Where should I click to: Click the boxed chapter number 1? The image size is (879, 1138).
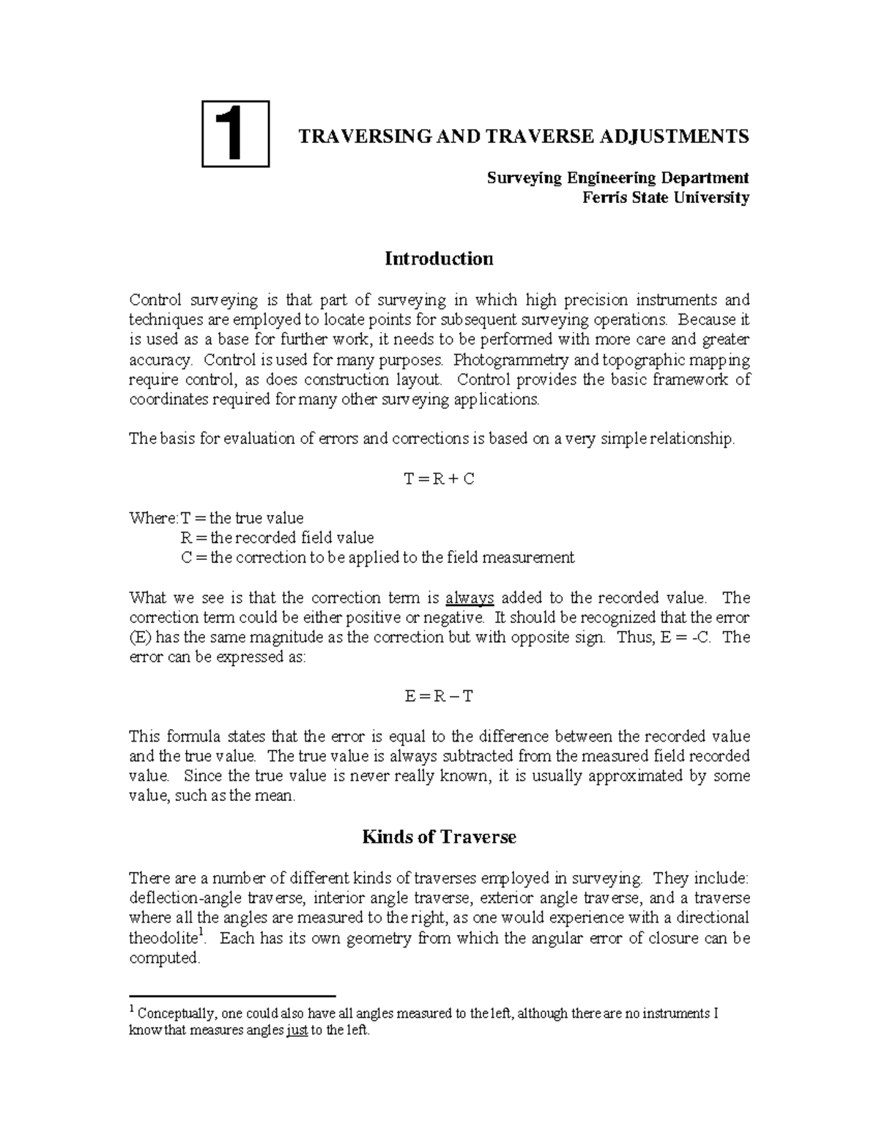click(x=235, y=134)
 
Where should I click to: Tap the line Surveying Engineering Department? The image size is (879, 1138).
click(x=618, y=178)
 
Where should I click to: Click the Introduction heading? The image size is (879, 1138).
click(x=439, y=259)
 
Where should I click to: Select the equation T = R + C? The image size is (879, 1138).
click(x=439, y=479)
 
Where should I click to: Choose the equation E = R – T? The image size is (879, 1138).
click(x=439, y=695)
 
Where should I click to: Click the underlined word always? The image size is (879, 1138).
click(x=470, y=598)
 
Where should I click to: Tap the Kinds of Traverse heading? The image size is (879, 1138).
click(x=439, y=837)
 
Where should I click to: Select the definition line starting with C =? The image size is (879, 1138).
click(x=377, y=558)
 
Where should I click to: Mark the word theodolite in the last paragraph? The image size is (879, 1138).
click(x=163, y=939)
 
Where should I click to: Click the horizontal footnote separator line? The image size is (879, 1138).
click(x=231, y=997)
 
